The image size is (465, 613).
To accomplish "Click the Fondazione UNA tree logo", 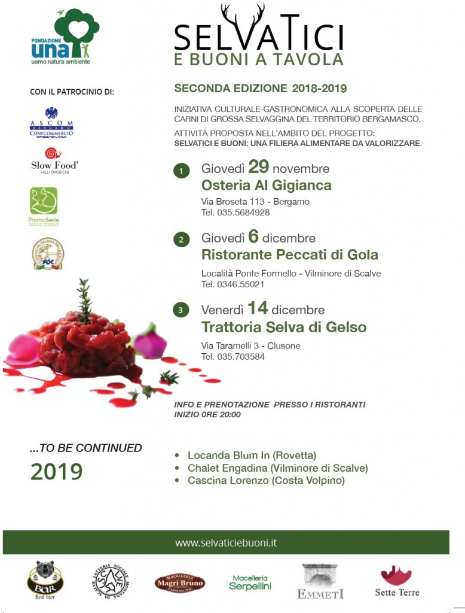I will click(x=66, y=36).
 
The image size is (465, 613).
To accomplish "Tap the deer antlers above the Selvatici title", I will click(x=243, y=18).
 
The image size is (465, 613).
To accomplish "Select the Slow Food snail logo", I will click(x=54, y=153).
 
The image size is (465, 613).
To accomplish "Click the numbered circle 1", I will click(x=181, y=171).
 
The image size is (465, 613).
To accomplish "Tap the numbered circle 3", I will click(x=181, y=310).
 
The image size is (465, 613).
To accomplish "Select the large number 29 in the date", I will click(x=262, y=167).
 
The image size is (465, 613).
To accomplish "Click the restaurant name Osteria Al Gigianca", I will click(x=266, y=185).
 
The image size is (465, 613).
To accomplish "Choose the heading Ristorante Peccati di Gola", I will click(x=290, y=254).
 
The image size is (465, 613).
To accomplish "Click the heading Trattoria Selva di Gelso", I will click(x=284, y=327).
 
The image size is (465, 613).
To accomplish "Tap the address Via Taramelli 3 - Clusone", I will click(x=250, y=346).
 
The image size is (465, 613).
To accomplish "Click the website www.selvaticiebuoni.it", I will click(x=226, y=543).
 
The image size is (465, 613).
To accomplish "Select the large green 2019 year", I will click(x=56, y=472).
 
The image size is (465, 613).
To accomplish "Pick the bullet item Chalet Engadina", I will click(x=277, y=468).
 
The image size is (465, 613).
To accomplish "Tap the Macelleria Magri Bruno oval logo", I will click(x=179, y=582).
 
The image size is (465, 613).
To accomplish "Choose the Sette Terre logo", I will click(x=397, y=581).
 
